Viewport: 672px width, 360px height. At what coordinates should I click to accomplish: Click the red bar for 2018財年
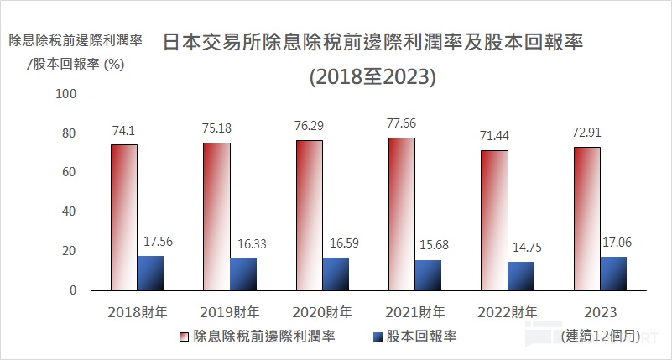coord(124,217)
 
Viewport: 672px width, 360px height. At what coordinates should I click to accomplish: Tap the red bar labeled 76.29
coord(310,215)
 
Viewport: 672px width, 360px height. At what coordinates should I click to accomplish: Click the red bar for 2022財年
coord(494,220)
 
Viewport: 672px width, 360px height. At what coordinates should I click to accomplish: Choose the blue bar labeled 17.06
coord(612,273)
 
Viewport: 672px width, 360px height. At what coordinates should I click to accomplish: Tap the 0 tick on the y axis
coord(72,290)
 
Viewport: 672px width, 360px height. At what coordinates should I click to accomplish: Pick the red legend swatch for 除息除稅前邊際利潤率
coord(184,337)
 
